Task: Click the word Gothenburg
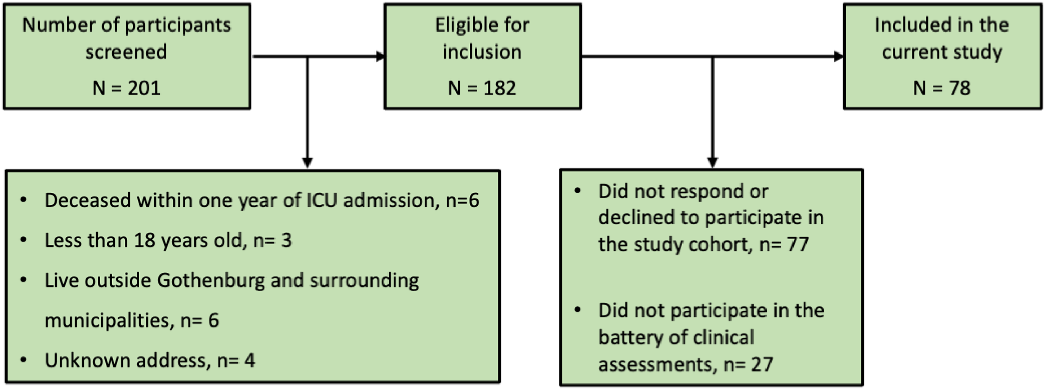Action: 211,280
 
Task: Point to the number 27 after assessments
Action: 762,364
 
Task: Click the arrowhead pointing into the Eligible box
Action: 380,56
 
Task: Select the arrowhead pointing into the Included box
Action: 839,56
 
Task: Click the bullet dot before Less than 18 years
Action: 23,240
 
